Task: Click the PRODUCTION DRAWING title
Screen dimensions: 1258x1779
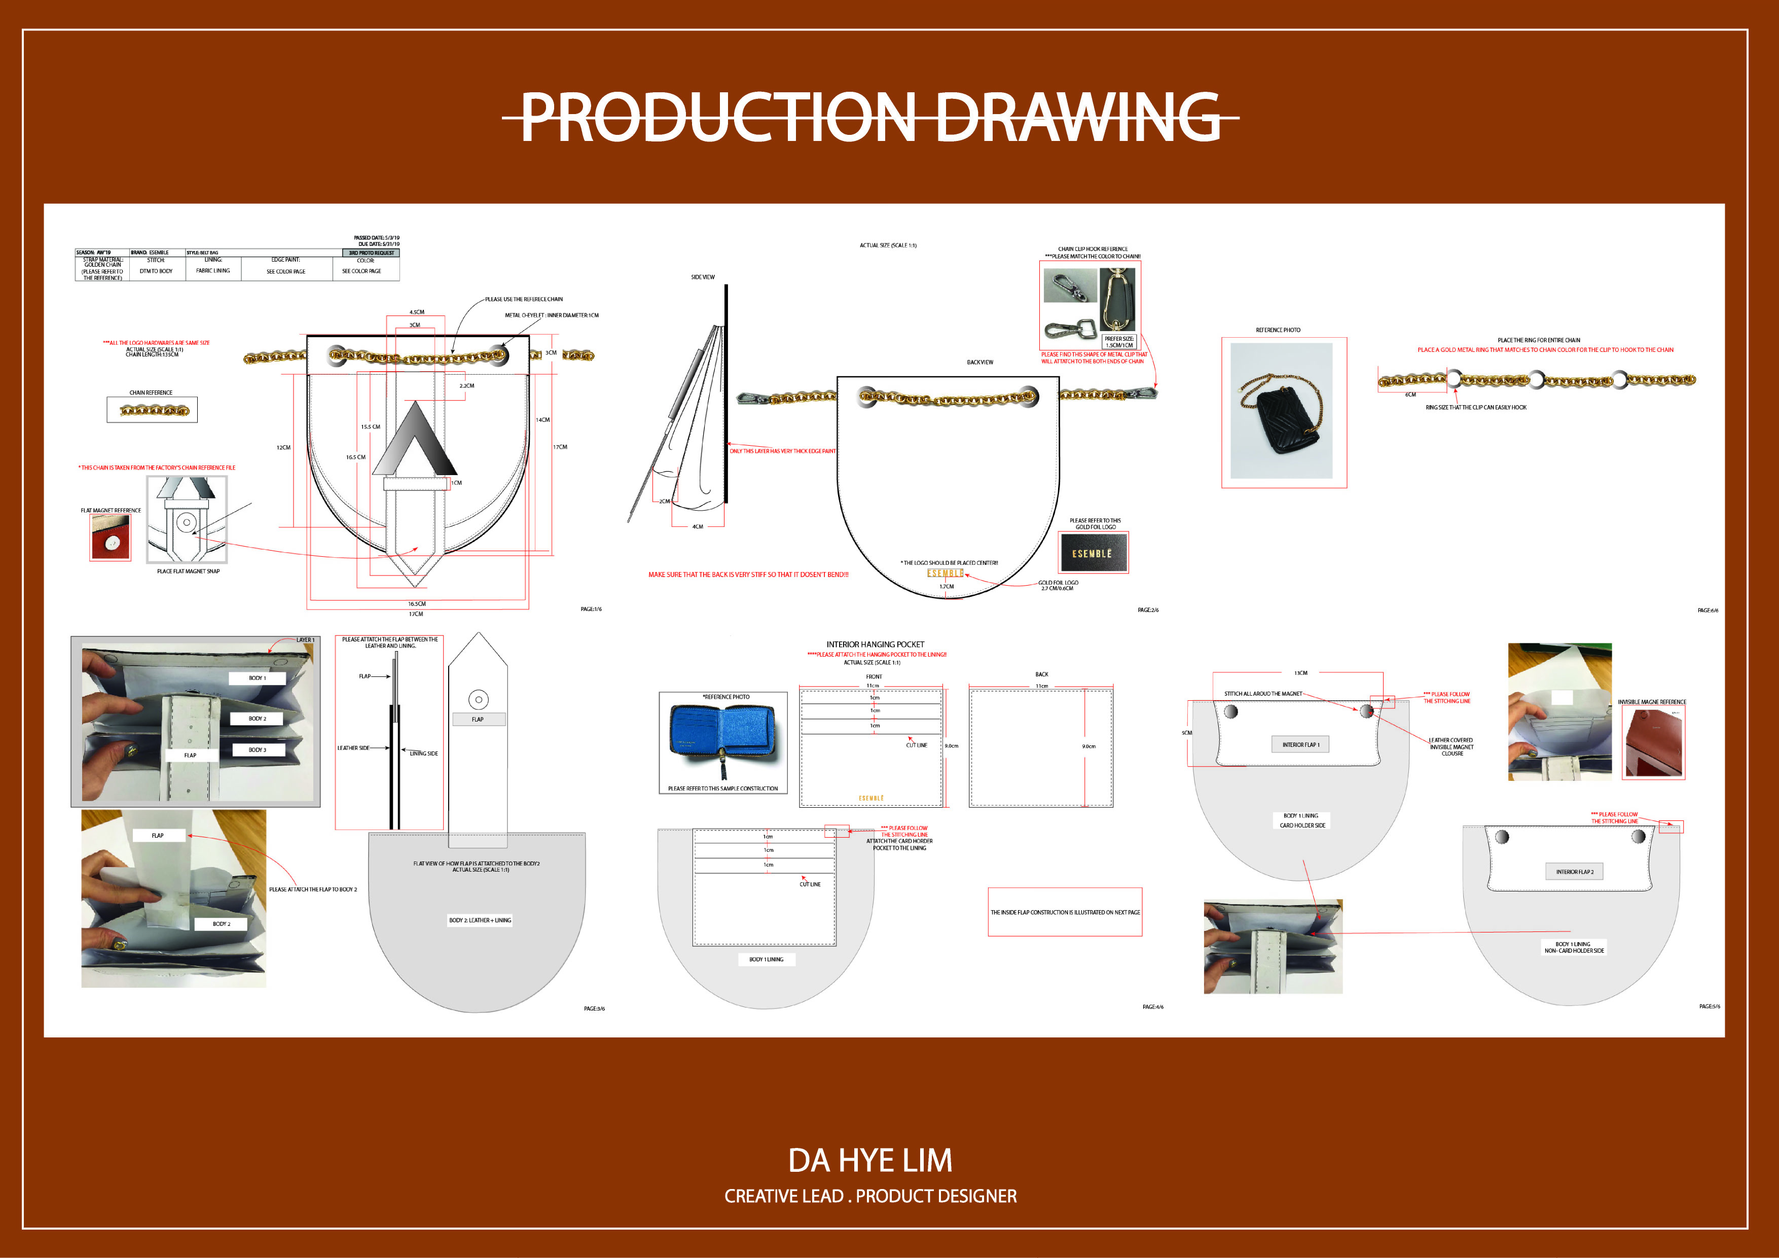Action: (x=870, y=117)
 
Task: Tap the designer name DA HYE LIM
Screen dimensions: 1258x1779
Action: (x=870, y=1160)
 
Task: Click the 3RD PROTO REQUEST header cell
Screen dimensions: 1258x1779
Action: (x=371, y=253)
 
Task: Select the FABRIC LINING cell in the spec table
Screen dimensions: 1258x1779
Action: (x=213, y=270)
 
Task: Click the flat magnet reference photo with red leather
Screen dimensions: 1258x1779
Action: (x=111, y=536)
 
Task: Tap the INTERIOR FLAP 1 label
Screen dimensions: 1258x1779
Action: (x=1300, y=745)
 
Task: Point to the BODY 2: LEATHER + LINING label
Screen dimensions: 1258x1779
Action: (x=480, y=920)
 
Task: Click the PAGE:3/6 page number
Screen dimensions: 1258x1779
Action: (x=594, y=1009)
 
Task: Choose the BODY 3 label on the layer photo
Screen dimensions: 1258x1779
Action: (x=257, y=749)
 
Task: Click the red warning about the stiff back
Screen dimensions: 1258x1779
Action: (x=748, y=574)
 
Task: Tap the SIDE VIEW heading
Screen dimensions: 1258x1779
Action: (x=703, y=277)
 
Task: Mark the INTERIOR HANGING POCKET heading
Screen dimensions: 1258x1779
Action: (x=875, y=644)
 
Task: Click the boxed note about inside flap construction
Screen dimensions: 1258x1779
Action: (x=1065, y=912)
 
